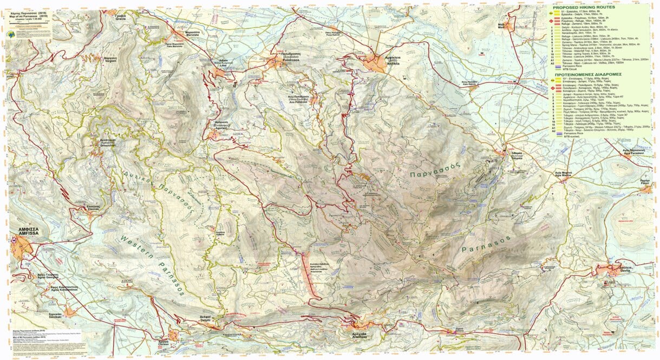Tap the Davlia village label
[623, 270]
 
